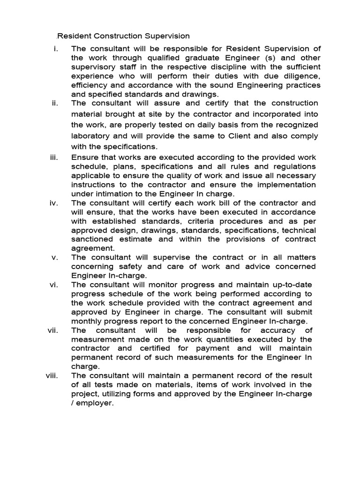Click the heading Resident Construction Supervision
point(123,36)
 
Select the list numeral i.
point(56,49)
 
